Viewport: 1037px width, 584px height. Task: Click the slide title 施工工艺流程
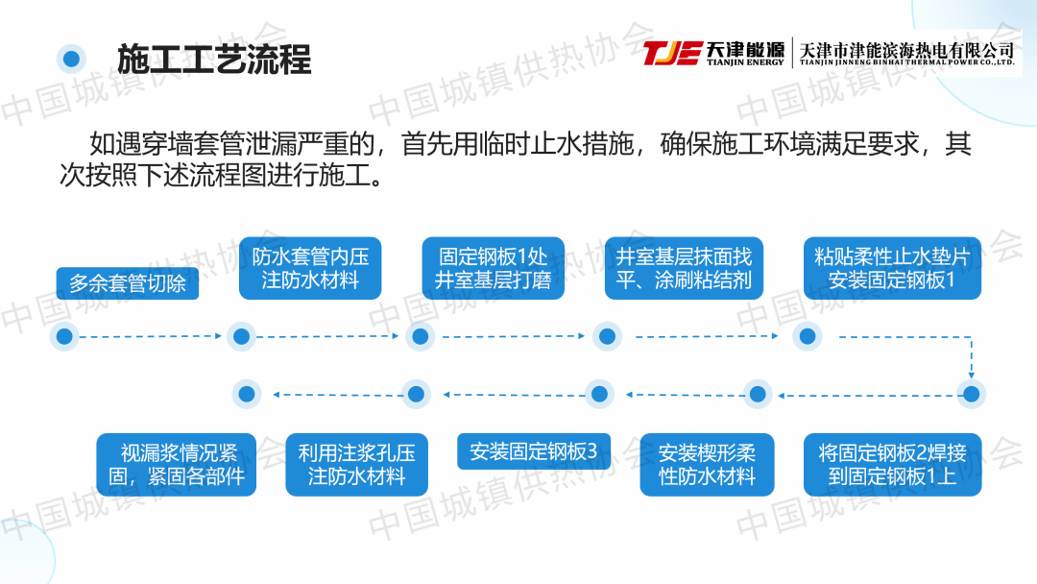pyautogui.click(x=213, y=60)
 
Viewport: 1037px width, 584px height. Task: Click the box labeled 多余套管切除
pyautogui.click(x=128, y=284)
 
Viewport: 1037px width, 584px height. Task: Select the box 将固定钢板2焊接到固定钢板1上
pyautogui.click(x=892, y=464)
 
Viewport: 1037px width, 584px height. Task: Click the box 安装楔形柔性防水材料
pyautogui.click(x=708, y=464)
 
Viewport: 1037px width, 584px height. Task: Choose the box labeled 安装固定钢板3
pyautogui.click(x=533, y=451)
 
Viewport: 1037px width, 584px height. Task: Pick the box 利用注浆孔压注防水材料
pyautogui.click(x=356, y=464)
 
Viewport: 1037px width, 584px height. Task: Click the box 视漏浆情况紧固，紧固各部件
pyautogui.click(x=177, y=464)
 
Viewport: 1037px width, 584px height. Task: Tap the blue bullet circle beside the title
pyautogui.click(x=70, y=60)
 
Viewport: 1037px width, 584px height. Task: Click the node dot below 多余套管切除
pyautogui.click(x=64, y=336)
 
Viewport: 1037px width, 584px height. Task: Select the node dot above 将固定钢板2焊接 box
pyautogui.click(x=971, y=393)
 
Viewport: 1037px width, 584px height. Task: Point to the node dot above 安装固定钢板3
pyautogui.click(x=599, y=393)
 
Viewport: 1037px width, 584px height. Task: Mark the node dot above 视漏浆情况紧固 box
pyautogui.click(x=247, y=393)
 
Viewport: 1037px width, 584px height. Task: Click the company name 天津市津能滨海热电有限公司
pyautogui.click(x=906, y=49)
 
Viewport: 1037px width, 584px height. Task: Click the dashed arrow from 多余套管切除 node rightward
pyautogui.click(x=149, y=336)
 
